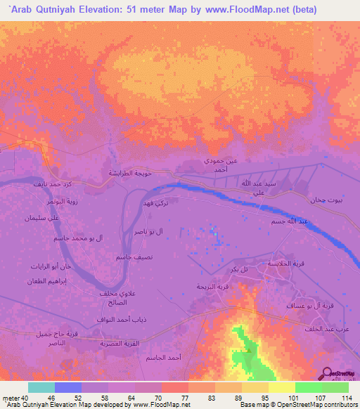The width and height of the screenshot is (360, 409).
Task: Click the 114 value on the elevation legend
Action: click(x=345, y=397)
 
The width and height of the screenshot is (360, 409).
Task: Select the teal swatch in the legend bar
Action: click(x=41, y=387)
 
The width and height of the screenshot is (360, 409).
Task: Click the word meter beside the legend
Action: click(x=11, y=397)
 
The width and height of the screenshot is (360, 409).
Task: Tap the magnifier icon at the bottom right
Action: click(x=328, y=374)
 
